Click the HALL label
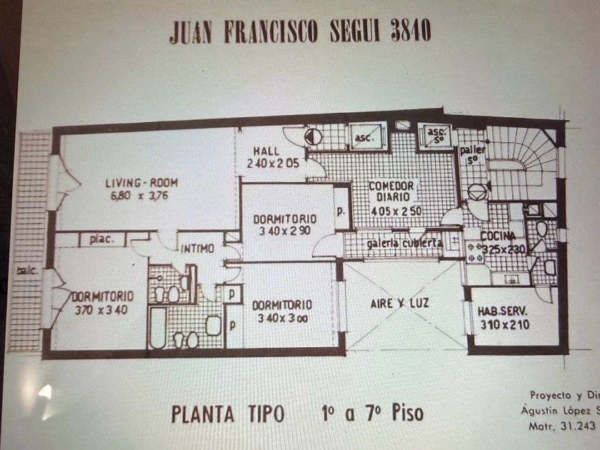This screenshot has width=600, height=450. point(266,151)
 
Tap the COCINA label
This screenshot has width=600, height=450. point(498,236)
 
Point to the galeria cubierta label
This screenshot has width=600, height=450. point(404,244)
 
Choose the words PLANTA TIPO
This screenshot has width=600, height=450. point(228,414)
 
